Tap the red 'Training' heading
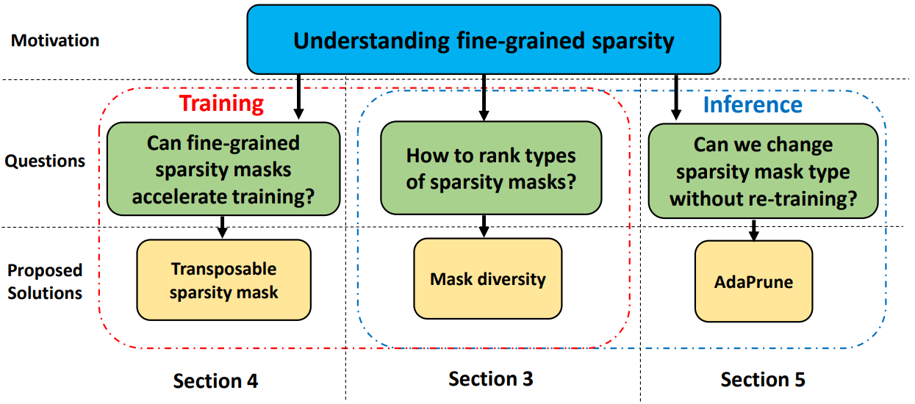coord(221,104)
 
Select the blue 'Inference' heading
coord(753,104)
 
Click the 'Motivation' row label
coord(55,40)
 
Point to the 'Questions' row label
coord(45,161)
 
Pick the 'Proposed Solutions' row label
coord(45,281)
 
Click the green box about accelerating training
coord(223,170)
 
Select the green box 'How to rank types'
coord(491,168)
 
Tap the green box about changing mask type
coord(763,171)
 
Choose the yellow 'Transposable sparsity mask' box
coord(223,280)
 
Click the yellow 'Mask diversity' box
coord(487,279)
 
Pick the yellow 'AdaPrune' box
coord(753,281)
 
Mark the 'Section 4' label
coord(215,380)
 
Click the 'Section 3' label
coord(490,379)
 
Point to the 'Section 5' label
coord(763,380)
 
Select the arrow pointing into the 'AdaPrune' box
coord(753,229)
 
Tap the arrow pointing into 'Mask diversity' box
coord(483,226)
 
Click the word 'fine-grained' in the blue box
coord(514,40)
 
